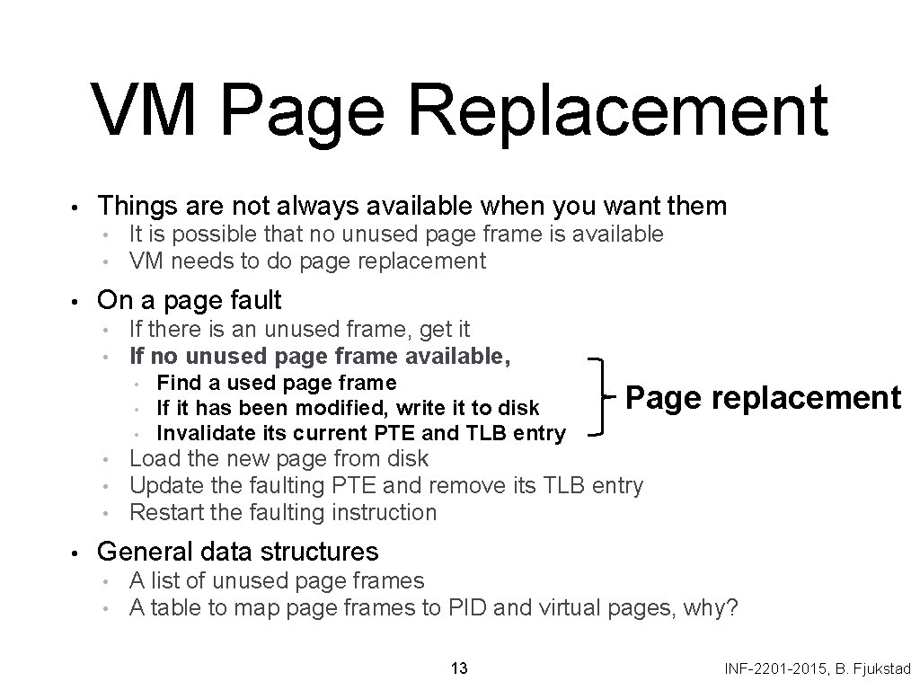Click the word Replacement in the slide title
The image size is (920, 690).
(x=624, y=110)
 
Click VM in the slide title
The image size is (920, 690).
(x=145, y=110)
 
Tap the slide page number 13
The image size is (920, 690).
(x=459, y=668)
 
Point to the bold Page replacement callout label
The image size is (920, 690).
(x=763, y=396)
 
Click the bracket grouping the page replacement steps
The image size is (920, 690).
(x=600, y=396)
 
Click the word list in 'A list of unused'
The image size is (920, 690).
(x=168, y=581)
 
